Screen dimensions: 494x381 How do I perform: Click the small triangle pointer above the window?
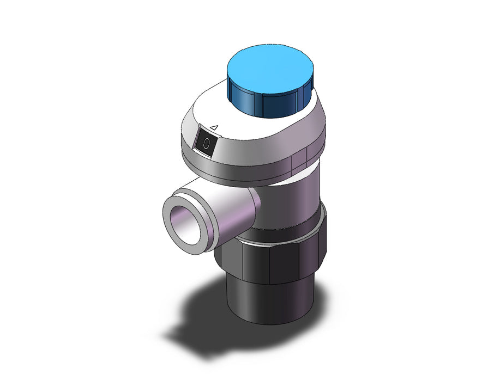pyautogui.click(x=214, y=127)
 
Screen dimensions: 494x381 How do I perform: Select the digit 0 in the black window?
pyautogui.click(x=206, y=143)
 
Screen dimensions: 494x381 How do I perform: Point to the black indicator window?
pyautogui.click(x=206, y=142)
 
